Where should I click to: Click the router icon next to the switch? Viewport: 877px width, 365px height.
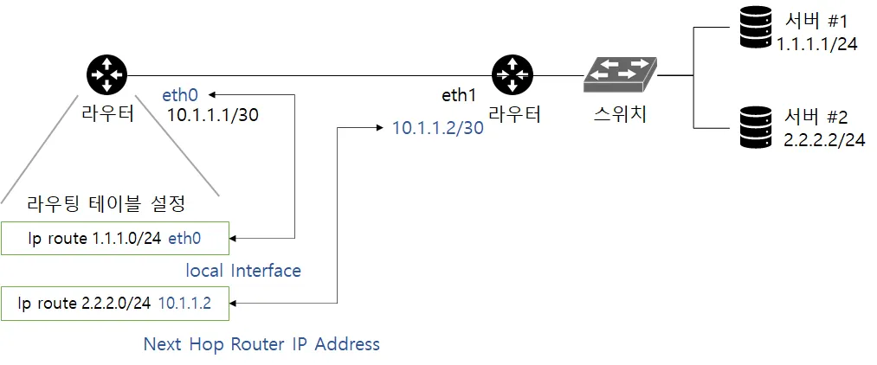click(512, 74)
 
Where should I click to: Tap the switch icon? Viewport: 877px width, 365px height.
click(619, 75)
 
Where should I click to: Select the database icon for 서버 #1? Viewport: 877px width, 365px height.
click(754, 29)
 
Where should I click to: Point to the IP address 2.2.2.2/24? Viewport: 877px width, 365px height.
click(823, 140)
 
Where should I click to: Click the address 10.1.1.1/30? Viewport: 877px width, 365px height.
click(211, 115)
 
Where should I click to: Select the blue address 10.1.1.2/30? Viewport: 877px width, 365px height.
click(437, 128)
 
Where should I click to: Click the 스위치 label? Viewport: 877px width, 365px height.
click(618, 113)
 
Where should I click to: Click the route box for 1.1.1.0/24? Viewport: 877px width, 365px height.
click(116, 238)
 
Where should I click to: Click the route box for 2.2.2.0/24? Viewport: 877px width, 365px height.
click(116, 302)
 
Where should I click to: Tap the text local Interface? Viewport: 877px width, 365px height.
click(243, 271)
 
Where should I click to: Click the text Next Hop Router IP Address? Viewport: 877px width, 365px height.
click(261, 344)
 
